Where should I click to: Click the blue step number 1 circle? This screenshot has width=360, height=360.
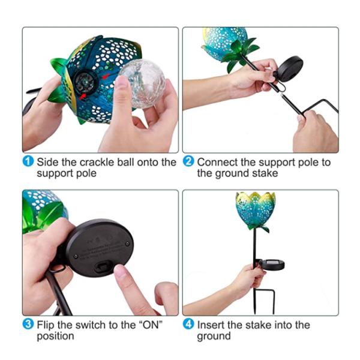click(28, 163)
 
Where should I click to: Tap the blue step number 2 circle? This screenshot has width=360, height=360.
click(188, 163)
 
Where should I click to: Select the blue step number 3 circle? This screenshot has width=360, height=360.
click(28, 325)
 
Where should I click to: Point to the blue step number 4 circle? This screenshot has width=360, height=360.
click(188, 325)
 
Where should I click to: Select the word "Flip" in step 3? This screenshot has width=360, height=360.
click(46, 325)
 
